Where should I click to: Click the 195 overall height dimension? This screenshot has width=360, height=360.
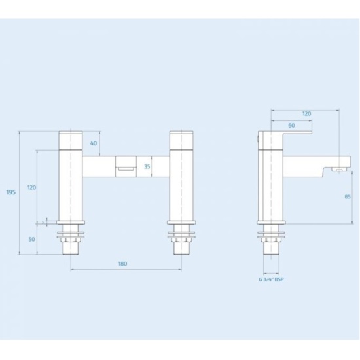10,192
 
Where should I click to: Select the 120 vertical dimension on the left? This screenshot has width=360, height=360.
31,187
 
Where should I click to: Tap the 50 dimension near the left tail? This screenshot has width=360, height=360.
31,240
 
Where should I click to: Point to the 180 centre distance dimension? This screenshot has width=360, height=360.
122,264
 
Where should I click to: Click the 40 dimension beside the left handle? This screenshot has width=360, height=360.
94,143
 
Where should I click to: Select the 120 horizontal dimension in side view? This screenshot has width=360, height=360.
306,113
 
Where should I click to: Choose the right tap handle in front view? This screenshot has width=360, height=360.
179,139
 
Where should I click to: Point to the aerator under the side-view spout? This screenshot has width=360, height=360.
338,170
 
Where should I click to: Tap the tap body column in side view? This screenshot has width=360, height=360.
270,187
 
